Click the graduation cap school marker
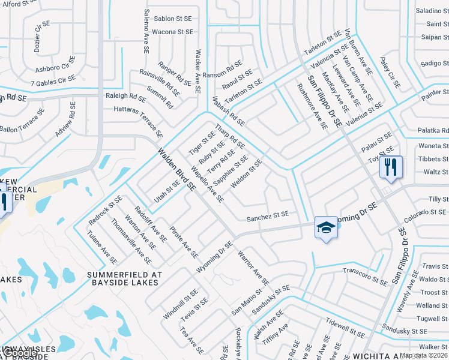point(325,227)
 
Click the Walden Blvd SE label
point(177,169)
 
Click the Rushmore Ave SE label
point(312,106)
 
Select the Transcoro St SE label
point(364,275)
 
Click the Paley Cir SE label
point(390,73)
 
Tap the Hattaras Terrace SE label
point(138,119)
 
